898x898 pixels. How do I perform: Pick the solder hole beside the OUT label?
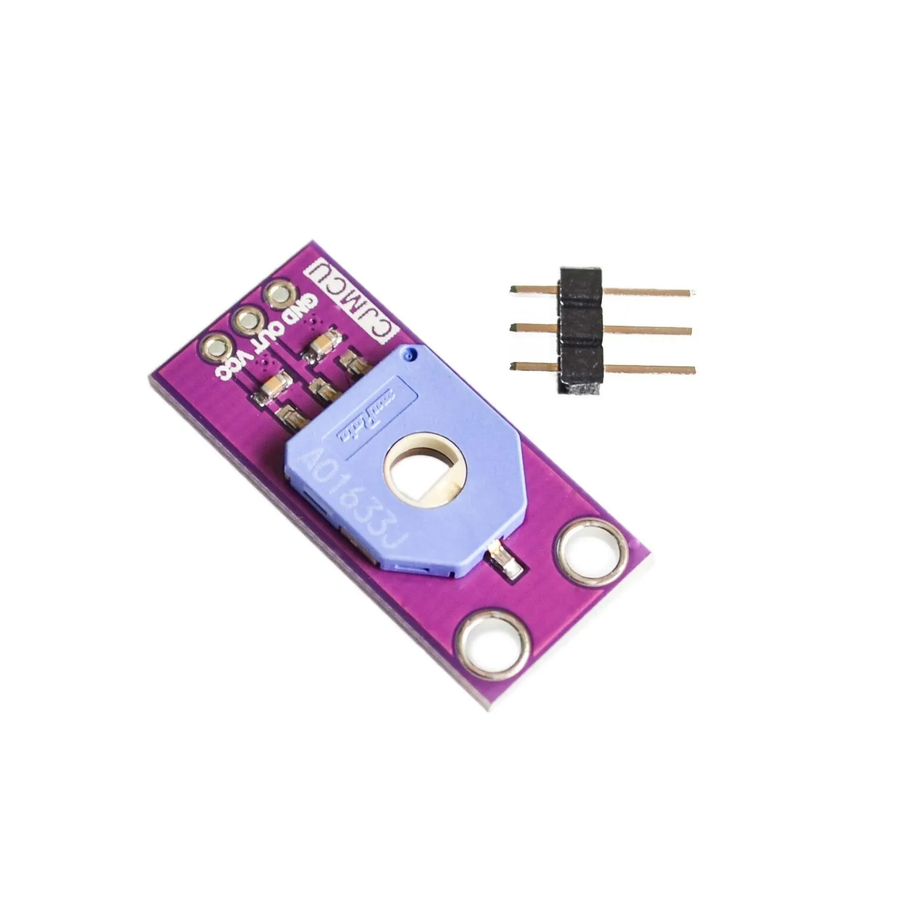[245, 320]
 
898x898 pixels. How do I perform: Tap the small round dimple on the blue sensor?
[408, 356]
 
